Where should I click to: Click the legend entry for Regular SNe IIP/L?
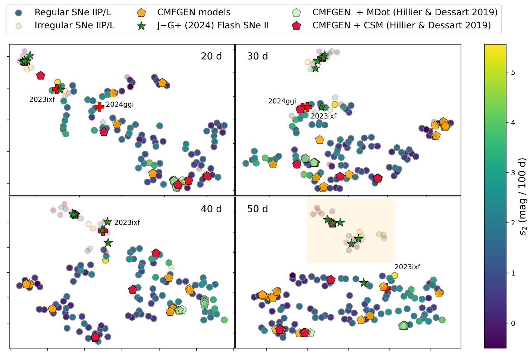(x=72, y=12)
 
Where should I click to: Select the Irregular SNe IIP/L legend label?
(x=75, y=25)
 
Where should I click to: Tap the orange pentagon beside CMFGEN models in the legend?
(x=141, y=12)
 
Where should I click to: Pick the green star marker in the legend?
(x=141, y=25)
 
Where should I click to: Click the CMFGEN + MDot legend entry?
(x=405, y=12)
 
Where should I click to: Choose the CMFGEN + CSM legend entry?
(x=401, y=25)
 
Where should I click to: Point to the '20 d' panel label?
(x=211, y=56)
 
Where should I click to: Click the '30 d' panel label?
(x=257, y=56)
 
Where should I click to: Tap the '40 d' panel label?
(x=211, y=209)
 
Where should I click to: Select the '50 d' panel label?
(x=257, y=209)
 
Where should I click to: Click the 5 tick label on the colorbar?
(x=513, y=72)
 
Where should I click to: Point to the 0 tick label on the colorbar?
(x=513, y=323)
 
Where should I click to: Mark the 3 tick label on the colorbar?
(x=513, y=173)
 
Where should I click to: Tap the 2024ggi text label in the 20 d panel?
(x=120, y=104)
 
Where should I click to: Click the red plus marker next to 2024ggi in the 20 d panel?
(x=99, y=107)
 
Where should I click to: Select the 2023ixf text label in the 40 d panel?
(x=127, y=223)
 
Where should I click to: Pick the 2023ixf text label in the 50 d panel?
(x=407, y=267)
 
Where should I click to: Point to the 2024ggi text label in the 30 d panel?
(x=282, y=101)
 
